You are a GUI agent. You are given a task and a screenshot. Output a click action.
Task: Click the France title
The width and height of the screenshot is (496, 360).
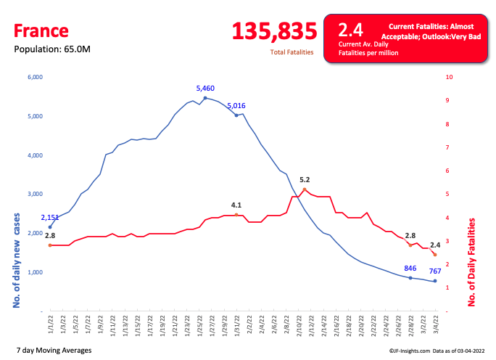coord(41,30)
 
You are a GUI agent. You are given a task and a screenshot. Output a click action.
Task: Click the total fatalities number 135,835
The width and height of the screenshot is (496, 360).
coord(275,31)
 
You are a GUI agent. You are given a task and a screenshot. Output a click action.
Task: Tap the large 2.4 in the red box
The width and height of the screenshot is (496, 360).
coord(351,30)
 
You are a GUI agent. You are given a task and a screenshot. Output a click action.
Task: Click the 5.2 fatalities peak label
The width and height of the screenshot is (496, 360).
coord(305,180)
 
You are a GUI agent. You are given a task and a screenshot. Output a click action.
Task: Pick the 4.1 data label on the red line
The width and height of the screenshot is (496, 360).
coord(236,205)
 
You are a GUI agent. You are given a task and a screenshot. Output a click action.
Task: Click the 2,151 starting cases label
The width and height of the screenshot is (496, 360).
coord(50,218)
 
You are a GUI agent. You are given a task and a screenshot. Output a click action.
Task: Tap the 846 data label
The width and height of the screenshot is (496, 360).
coord(410,269)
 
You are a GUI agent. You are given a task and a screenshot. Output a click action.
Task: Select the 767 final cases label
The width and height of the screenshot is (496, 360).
coord(434,271)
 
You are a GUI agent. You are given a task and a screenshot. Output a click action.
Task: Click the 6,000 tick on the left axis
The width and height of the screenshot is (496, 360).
coord(35,77)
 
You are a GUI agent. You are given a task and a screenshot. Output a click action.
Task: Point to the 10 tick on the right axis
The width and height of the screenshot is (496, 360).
coord(450,77)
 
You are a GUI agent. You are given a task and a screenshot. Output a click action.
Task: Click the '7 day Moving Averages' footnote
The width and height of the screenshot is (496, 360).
coord(53,350)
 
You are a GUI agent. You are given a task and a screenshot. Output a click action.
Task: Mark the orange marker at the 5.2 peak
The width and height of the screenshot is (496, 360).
coord(305,189)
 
